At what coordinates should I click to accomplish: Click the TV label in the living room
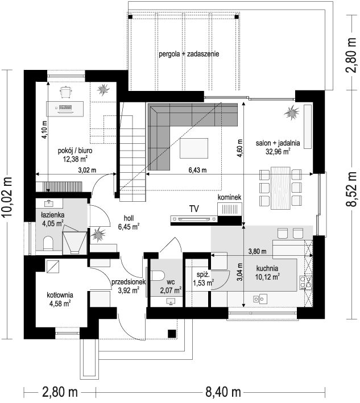194,209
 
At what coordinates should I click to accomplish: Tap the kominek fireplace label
229,197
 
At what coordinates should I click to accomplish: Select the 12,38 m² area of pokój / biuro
75,159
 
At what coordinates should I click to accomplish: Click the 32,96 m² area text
278,151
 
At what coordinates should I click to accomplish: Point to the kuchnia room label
267,268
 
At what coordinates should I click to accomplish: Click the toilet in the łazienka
48,243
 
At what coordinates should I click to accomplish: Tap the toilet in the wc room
158,276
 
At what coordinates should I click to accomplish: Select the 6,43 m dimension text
197,170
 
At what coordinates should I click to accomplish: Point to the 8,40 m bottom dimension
223,392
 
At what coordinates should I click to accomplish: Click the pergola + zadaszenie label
189,54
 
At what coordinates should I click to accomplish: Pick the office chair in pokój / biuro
66,92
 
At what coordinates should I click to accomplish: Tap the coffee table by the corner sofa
194,148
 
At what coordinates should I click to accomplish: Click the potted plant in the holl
98,234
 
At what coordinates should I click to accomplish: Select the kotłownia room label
60,295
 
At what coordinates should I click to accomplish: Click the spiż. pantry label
203,275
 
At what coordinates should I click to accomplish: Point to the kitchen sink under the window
260,299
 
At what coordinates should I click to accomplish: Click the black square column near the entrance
172,334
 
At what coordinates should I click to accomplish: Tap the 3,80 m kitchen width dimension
257,251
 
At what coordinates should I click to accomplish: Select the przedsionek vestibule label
129,282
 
